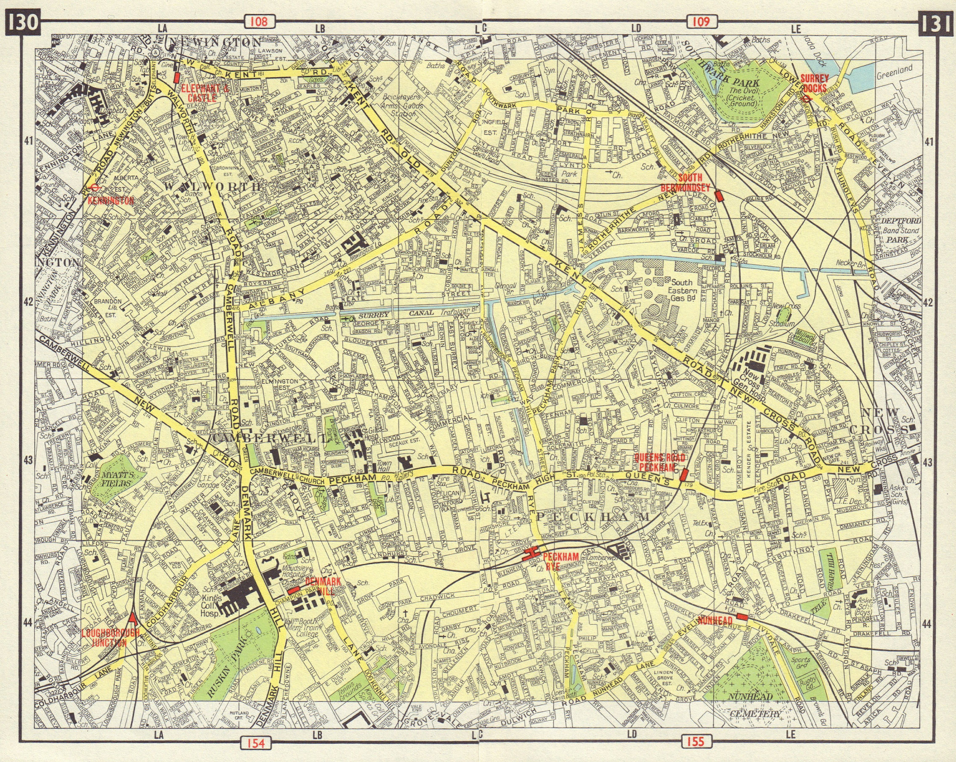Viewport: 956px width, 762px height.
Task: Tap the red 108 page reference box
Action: (x=258, y=21)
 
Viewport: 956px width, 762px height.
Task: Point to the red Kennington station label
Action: (x=111, y=200)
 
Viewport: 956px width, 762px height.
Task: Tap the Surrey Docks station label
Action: (x=814, y=83)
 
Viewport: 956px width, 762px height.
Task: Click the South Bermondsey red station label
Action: (x=685, y=181)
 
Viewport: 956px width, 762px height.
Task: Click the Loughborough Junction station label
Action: (x=110, y=637)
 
